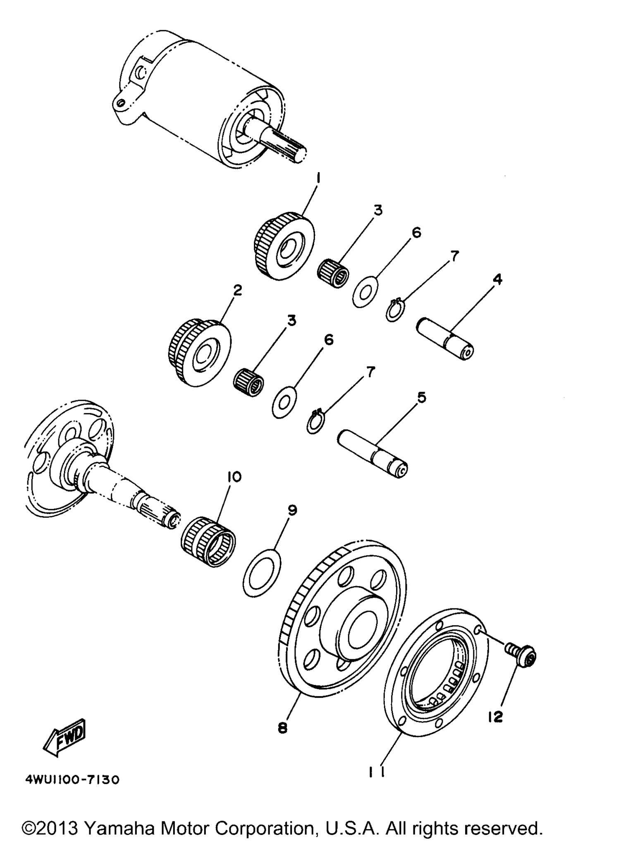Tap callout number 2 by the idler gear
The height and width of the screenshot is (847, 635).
click(x=237, y=290)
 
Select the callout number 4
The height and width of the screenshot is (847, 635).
click(x=498, y=280)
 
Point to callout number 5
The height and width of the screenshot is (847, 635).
click(x=421, y=397)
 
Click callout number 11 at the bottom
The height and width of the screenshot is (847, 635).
click(x=377, y=772)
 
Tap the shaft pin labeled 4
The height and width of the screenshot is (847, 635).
click(x=445, y=338)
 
